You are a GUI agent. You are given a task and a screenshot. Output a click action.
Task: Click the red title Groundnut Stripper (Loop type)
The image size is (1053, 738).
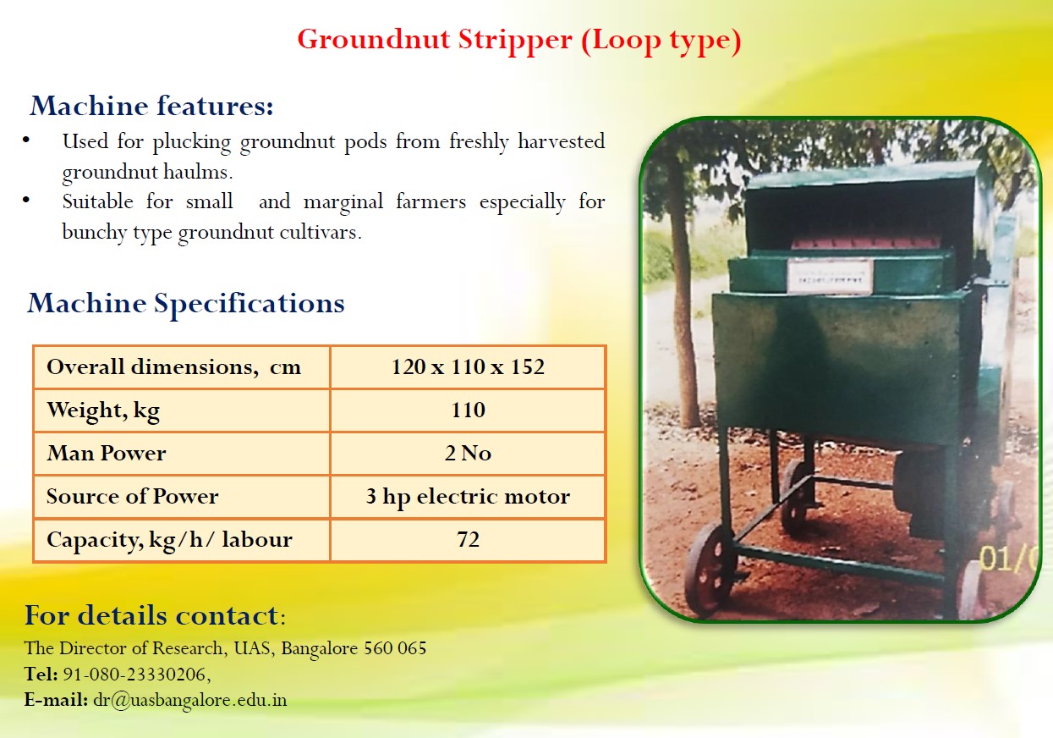519,41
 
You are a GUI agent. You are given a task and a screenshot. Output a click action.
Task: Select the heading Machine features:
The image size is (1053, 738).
151,105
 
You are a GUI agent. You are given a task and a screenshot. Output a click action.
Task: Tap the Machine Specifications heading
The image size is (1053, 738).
186,304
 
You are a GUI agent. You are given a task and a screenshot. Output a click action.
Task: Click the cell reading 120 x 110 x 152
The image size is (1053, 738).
468,366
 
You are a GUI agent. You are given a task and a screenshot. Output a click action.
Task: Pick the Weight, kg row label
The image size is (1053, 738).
103,410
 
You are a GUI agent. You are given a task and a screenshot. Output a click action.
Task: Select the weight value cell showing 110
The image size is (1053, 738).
469,410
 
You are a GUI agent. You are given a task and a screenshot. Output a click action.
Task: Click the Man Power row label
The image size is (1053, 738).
107,453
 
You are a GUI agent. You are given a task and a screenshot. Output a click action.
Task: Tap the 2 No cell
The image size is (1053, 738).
468,453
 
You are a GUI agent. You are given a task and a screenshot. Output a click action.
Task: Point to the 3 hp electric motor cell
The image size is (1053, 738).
468,497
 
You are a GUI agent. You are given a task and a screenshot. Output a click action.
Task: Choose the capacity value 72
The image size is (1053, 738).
469,539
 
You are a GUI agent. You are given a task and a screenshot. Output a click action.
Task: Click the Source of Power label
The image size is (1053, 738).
133,496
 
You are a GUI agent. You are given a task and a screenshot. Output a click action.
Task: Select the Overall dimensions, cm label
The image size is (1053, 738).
174,367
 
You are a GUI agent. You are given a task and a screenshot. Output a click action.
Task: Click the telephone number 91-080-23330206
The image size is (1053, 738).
134,675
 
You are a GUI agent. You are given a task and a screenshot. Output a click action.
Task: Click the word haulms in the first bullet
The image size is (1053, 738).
198,172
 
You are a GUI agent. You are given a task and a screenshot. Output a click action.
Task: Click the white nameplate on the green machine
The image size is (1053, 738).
830,277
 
